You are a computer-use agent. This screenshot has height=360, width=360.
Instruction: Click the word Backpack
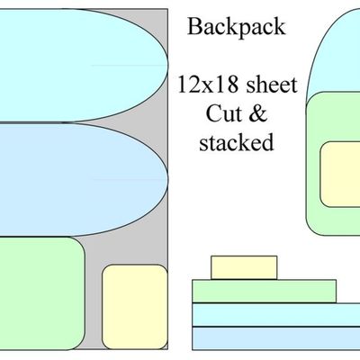point(236,26)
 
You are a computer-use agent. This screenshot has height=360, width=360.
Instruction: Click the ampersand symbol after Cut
point(255,115)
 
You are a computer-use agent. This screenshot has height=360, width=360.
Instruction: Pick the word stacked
point(236,142)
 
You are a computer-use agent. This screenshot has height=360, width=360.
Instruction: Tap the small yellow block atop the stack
point(238,267)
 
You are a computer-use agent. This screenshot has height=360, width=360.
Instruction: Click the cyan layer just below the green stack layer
point(275,314)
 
